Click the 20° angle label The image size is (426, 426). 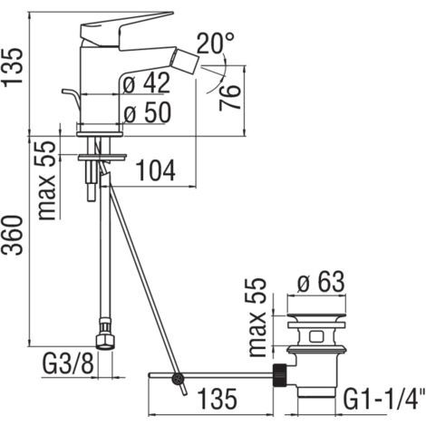(215, 44)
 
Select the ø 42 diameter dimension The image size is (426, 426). (147, 82)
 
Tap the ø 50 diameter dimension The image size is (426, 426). (148, 112)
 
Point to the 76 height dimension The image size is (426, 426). (230, 97)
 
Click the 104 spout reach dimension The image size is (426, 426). (156, 170)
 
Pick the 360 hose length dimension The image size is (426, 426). (13, 235)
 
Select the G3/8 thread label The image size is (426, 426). (69, 363)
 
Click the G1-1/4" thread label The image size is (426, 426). (382, 399)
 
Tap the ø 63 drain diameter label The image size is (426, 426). (321, 282)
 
